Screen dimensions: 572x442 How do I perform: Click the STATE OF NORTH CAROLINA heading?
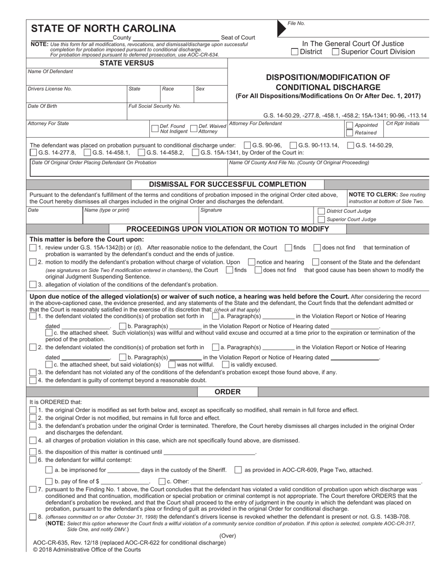point(103,28)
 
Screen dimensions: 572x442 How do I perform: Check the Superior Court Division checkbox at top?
point(335,52)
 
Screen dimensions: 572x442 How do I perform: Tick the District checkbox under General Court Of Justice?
point(295,52)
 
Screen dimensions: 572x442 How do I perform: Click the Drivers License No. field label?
point(50,88)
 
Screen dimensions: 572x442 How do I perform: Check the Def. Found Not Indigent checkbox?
point(155,129)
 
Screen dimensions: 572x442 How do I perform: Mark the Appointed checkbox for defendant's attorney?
point(349,125)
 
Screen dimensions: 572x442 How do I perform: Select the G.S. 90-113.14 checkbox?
point(293,145)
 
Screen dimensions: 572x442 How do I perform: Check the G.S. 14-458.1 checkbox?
point(87,152)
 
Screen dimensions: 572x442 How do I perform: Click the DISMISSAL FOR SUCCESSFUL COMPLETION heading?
point(227,184)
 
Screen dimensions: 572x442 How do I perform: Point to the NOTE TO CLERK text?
point(370,194)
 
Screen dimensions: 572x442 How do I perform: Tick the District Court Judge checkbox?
point(321,211)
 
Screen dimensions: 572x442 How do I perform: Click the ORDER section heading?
point(228,392)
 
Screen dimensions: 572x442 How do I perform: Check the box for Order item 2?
point(33,418)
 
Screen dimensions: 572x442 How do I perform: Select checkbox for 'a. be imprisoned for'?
point(49,470)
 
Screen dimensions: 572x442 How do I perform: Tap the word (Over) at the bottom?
point(228,535)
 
